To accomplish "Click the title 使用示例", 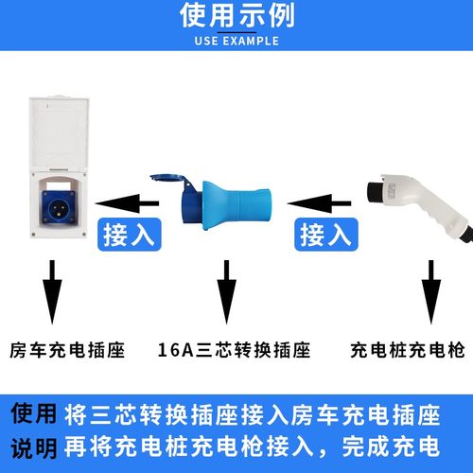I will coord(236,16).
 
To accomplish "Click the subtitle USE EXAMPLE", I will coord(236,42).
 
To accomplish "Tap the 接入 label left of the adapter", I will coord(127,235).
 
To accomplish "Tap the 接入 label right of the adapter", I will coord(325,235).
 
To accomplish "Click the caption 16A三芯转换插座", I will coord(234,348).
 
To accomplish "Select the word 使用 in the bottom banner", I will coord(34,414).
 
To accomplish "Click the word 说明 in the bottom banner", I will coord(34,447).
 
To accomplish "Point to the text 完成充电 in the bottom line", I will coord(390,447).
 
